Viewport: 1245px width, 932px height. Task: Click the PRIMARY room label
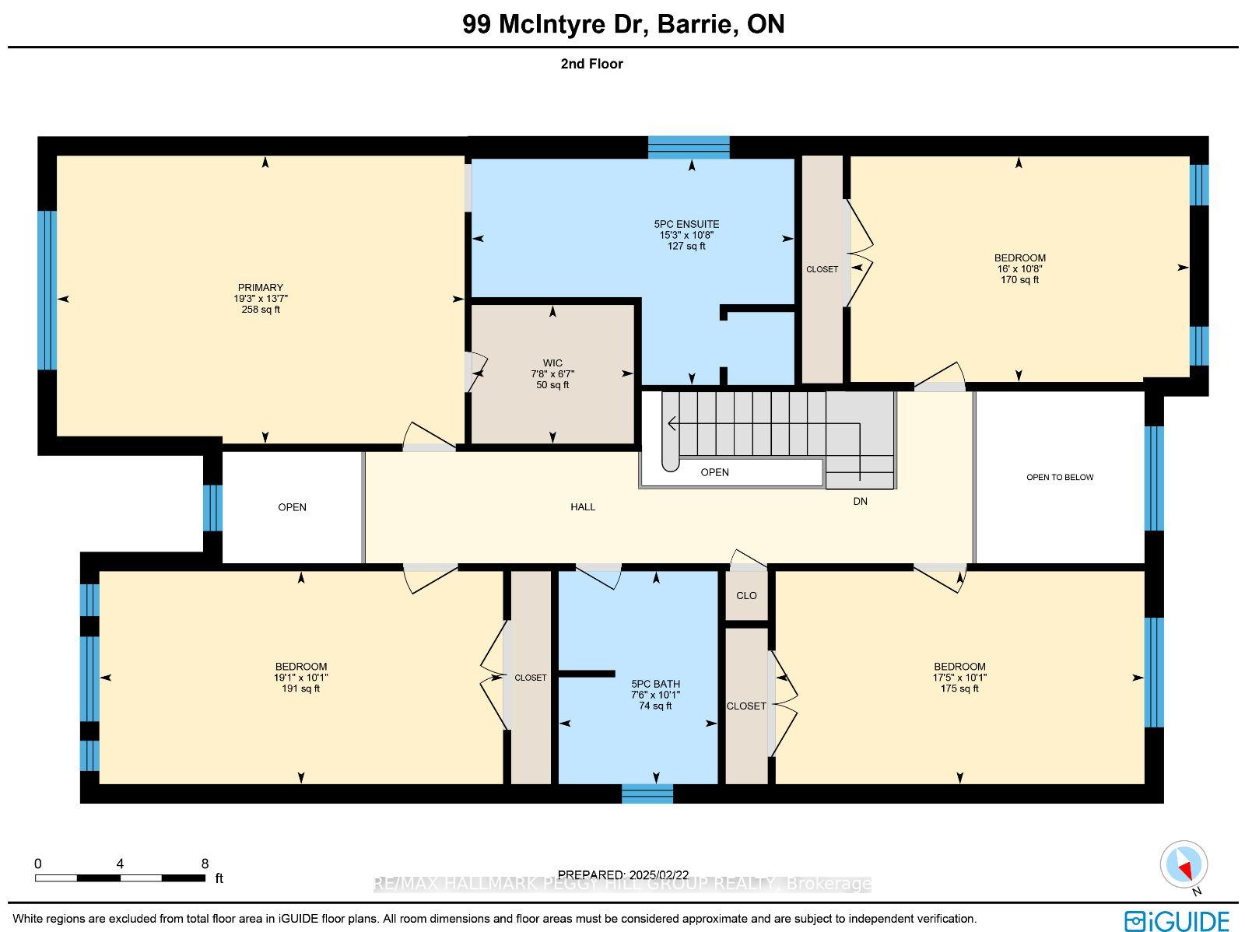(261, 287)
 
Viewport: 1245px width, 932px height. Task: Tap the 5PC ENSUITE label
(686, 225)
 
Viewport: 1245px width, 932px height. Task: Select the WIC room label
(552, 363)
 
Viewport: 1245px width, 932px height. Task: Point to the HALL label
(583, 506)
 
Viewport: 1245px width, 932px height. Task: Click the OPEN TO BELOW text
(1060, 478)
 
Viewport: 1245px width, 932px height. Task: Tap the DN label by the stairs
(860, 501)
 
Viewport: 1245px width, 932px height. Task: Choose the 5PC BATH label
(656, 685)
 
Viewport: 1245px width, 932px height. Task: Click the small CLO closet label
(746, 596)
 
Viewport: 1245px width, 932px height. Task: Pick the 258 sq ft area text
(261, 310)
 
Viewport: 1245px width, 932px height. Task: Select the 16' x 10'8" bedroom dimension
(1020, 268)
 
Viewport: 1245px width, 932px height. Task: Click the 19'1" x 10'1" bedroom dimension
(300, 678)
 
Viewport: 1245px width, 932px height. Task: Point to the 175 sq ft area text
(959, 688)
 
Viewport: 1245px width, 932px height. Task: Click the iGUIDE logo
(1177, 920)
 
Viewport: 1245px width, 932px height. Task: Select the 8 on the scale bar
(205, 864)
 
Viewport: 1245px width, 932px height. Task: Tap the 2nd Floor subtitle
(591, 64)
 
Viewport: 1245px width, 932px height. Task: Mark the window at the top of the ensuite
(689, 147)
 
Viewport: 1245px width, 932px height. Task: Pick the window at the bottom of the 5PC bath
(647, 794)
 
